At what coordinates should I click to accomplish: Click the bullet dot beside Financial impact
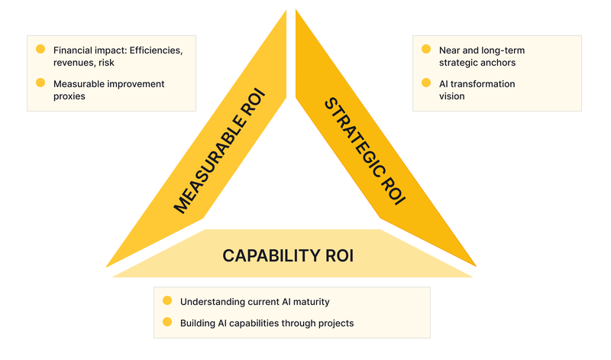[x=40, y=50]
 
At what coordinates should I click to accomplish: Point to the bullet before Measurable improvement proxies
[x=40, y=83]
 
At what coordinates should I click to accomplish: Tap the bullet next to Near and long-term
[x=425, y=50]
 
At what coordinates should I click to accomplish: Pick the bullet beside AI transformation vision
[x=425, y=83]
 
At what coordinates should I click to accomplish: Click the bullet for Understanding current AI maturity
[x=167, y=301]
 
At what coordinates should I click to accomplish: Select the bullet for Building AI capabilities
[x=167, y=323]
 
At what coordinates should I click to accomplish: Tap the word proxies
[x=70, y=97]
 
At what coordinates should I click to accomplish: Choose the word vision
[x=452, y=97]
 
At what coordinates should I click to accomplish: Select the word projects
[x=336, y=323]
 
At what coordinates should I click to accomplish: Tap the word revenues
[x=74, y=63]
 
